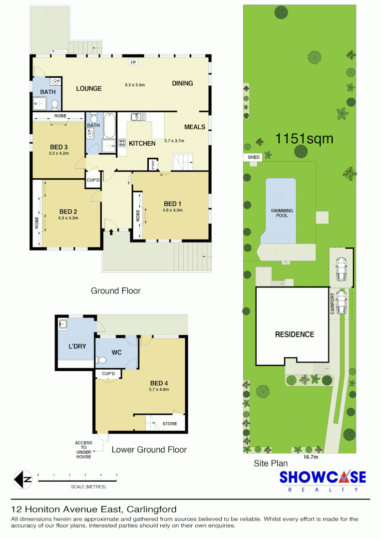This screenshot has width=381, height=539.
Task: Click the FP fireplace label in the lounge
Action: pos(133,63)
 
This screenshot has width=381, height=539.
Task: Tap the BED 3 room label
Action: pos(59,147)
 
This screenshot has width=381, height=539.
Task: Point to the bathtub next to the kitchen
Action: pos(110,127)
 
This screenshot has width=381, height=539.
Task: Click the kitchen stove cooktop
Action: pos(122,144)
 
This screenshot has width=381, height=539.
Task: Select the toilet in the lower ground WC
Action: pos(102,360)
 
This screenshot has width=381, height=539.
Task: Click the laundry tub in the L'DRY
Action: pos(63,325)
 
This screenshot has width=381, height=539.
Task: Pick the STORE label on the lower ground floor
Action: pos(169,424)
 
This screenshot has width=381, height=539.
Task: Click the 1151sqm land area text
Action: pos(304,139)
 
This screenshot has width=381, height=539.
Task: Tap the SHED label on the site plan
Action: pos(254,157)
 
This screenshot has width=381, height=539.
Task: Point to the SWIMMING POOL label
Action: pos(282,213)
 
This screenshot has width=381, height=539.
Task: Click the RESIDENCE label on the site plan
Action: pos(295,334)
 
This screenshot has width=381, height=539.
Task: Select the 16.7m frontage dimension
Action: pos(311,456)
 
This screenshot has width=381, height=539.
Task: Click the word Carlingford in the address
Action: pos(152,510)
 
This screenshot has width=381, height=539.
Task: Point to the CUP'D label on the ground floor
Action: pos(93,180)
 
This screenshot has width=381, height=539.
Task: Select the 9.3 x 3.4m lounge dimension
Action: pos(134,85)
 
